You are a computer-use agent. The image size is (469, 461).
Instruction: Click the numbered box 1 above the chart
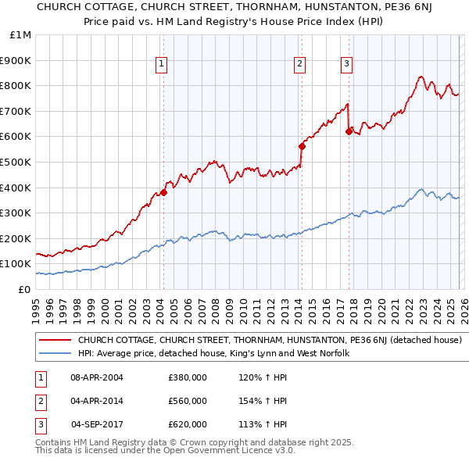click(161, 65)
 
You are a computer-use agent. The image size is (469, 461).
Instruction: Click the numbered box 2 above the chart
click(299, 65)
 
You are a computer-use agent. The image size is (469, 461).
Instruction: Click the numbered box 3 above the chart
click(346, 65)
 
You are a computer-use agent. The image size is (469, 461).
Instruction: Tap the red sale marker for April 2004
click(163, 192)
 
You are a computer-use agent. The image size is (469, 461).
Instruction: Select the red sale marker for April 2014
click(302, 146)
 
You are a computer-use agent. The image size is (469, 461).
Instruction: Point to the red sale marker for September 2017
click(349, 131)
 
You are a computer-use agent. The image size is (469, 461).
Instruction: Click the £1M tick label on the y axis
click(21, 34)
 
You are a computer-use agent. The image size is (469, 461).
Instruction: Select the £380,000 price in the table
click(188, 377)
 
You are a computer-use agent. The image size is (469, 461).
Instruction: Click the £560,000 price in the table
click(188, 401)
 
